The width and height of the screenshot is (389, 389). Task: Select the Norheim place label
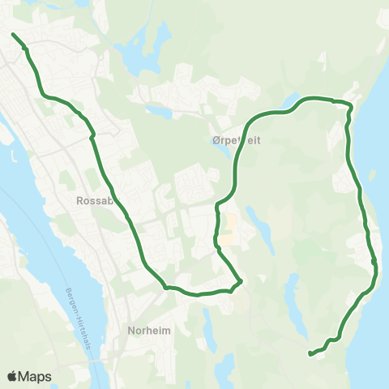(x=147, y=330)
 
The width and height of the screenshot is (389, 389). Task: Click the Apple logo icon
(x=13, y=376)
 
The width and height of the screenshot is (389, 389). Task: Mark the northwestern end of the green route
(x=13, y=34)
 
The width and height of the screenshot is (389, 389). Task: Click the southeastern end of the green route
(x=310, y=353)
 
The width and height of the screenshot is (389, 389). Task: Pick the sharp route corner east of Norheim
(x=241, y=281)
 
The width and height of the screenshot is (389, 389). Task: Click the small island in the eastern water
(x=372, y=174)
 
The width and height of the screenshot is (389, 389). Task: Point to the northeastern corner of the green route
(x=350, y=105)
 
